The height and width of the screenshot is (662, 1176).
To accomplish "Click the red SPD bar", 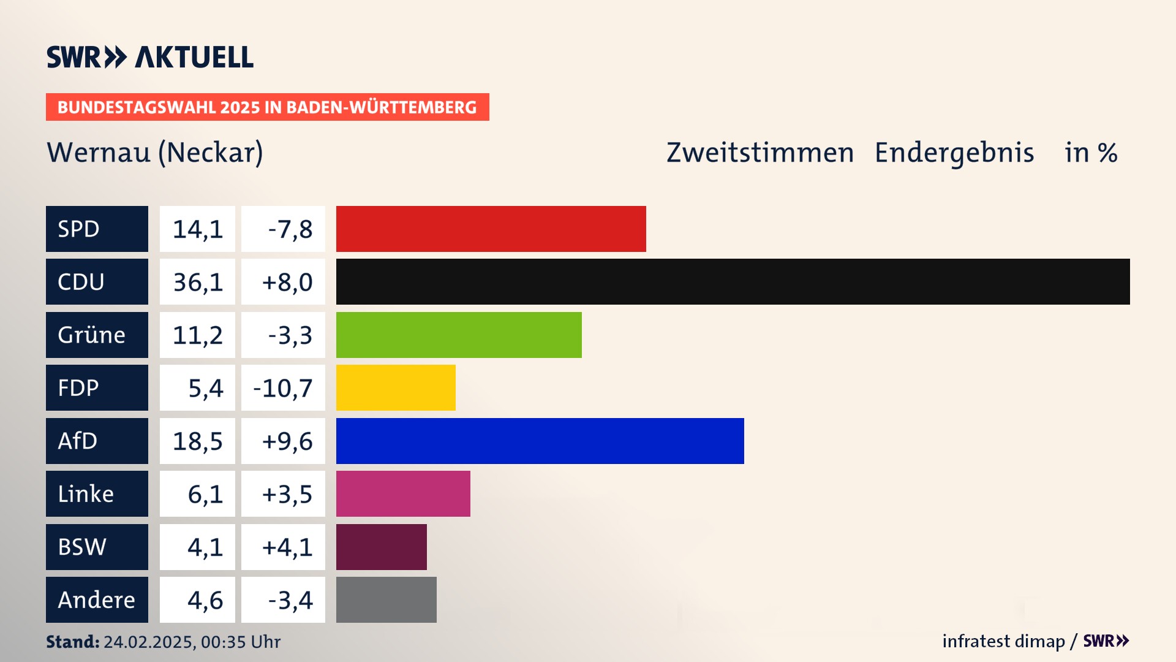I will pos(491,229).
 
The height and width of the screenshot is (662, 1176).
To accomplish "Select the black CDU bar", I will pos(733,282).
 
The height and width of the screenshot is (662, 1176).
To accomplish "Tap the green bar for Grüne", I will pos(459,335).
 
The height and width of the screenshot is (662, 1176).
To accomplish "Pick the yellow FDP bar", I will pos(396,387).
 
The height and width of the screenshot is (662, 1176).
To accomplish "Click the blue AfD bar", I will pos(540,441).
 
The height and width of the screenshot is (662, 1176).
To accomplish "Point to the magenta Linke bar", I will pos(403,493).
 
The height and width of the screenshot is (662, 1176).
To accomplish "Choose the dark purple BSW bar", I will pos(381,547).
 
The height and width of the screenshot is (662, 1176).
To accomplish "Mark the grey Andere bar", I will pos(386,599).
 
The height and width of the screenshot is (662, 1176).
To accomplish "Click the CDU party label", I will pos(97,282).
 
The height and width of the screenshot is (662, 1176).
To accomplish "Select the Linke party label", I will pos(97,493).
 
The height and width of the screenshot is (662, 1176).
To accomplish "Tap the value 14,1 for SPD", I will pos(197,229).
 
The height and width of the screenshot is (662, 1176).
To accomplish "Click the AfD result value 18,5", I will pos(197,441).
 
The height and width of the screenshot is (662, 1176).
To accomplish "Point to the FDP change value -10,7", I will pos(283,388).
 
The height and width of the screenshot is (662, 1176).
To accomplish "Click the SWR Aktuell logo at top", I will pos(150,57).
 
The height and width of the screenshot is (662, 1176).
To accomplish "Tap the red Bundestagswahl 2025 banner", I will pos(267,107).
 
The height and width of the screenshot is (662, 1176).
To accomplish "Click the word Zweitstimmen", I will pos(759,153).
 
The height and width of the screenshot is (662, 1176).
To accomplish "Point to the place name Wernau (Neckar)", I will pos(155,153).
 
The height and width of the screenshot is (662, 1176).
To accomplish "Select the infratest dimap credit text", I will pos(1003,641).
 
